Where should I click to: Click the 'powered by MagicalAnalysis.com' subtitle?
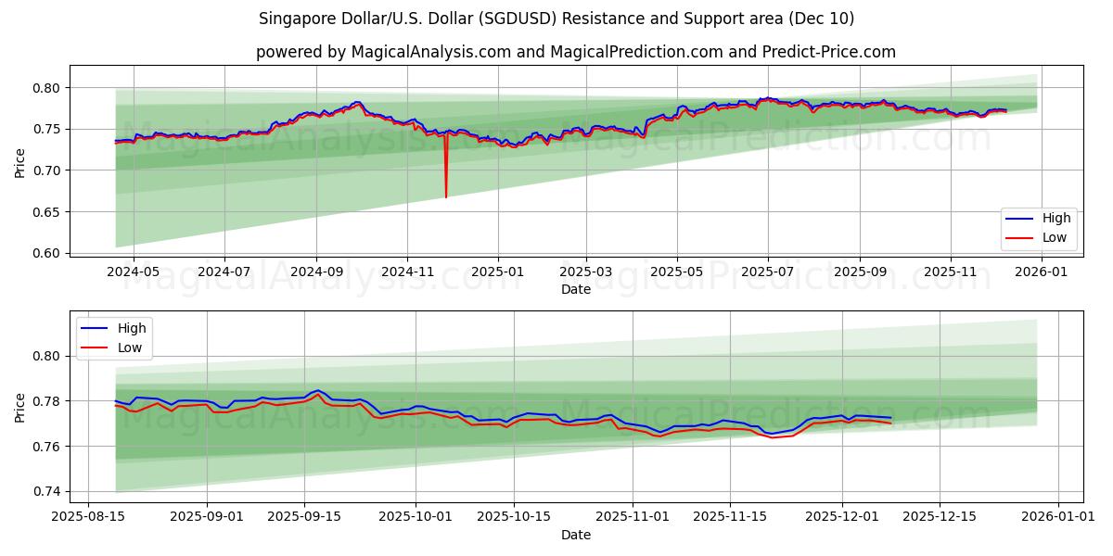coord(576,52)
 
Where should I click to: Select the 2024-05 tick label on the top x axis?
coord(134,272)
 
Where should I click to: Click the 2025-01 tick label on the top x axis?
coord(497,272)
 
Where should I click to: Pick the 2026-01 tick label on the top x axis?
coord(1041,272)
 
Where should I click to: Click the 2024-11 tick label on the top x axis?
coord(407,272)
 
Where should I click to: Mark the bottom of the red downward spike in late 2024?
coord(446,196)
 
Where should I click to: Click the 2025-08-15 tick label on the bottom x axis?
coord(88,517)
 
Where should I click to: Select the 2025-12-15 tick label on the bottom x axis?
coord(940,517)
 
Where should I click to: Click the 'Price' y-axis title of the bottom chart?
coord(20,406)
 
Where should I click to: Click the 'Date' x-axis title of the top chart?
coord(576,289)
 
